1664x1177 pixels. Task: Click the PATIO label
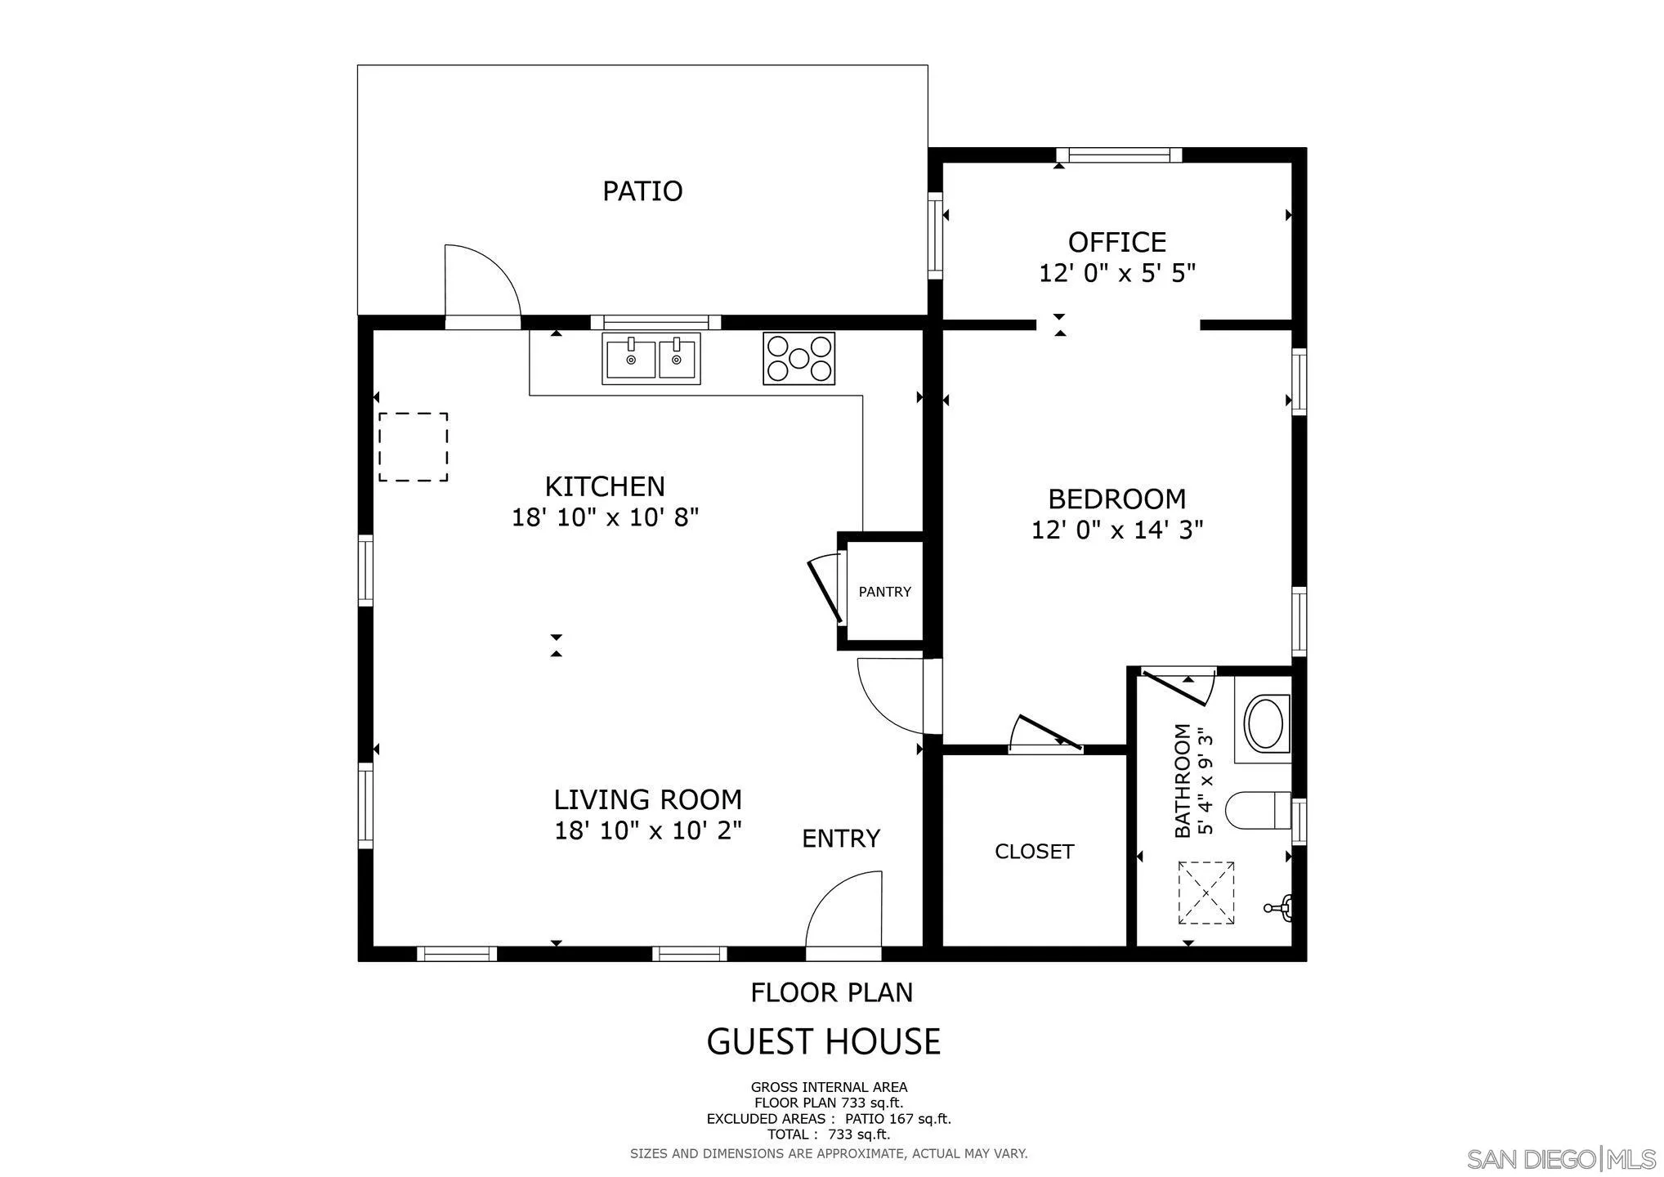click(x=642, y=191)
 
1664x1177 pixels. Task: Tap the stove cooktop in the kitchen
click(x=798, y=358)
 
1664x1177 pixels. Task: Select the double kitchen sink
click(x=651, y=359)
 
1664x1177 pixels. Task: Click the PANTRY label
click(x=884, y=592)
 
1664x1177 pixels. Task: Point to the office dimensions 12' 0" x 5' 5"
click(x=1116, y=273)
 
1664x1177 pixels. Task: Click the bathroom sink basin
click(x=1264, y=722)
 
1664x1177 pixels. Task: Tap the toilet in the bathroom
click(x=1255, y=810)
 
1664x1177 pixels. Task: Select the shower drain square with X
click(x=1206, y=893)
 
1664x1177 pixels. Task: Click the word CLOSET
click(x=1034, y=852)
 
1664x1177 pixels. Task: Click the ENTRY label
click(x=840, y=839)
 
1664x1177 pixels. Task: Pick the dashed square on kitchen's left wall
click(x=413, y=446)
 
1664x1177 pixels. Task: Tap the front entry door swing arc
click(x=834, y=899)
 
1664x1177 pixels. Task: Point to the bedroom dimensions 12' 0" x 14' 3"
click(x=1116, y=530)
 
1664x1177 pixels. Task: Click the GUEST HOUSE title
click(x=823, y=1042)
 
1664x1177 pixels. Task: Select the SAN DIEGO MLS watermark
click(x=1561, y=1159)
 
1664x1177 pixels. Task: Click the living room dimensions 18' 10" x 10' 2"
click(x=647, y=831)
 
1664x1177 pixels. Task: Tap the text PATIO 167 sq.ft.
click(x=897, y=1119)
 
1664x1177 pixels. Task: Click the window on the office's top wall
click(x=1119, y=155)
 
